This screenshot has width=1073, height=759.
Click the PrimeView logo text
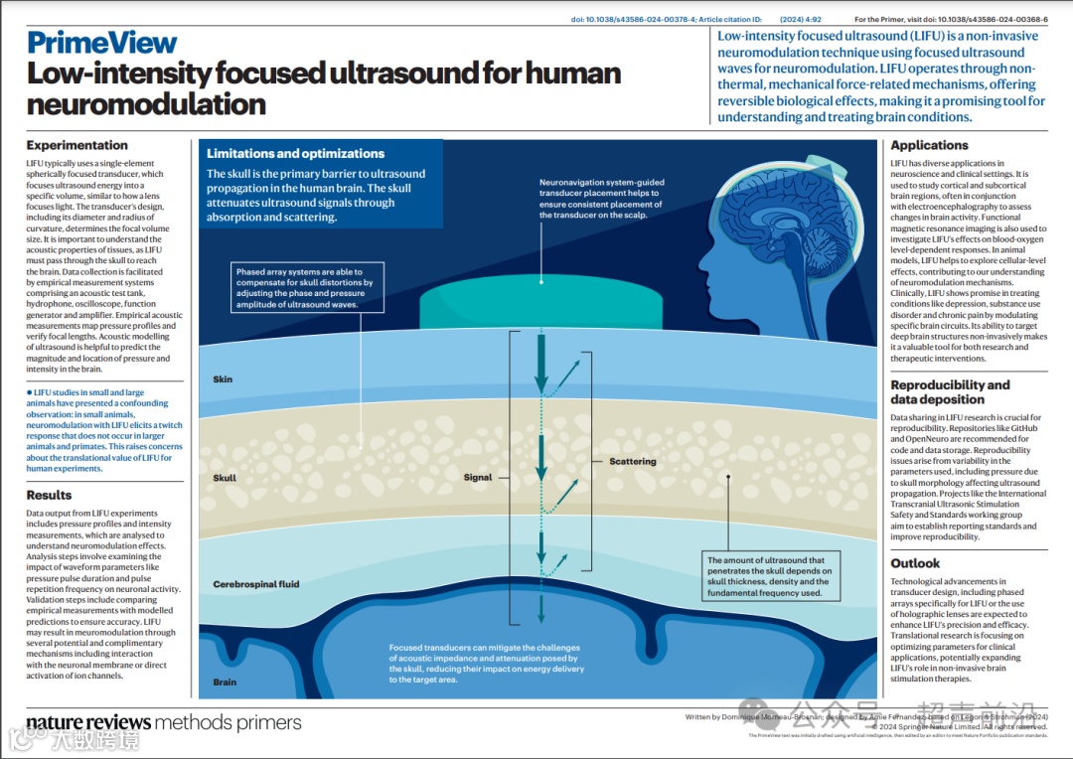(102, 43)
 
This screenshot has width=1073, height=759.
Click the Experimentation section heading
(77, 145)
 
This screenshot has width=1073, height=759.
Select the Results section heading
(49, 495)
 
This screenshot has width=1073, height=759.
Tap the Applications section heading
(929, 145)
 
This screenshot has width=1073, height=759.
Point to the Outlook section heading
(915, 563)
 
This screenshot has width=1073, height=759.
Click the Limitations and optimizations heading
(295, 154)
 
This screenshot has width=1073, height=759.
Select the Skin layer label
(223, 379)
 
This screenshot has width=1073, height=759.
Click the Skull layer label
(225, 478)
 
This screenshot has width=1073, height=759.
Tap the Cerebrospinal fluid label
(255, 584)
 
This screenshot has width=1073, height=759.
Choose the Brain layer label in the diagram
(225, 683)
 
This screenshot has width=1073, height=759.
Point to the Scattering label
(633, 462)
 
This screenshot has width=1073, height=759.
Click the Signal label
(478, 478)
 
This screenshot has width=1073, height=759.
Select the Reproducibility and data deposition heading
(950, 391)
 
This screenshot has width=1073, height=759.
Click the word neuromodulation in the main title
(146, 104)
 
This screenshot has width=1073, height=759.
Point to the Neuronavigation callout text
(602, 199)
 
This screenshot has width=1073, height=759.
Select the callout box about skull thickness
(769, 577)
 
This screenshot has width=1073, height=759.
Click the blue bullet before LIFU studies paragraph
(30, 392)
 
